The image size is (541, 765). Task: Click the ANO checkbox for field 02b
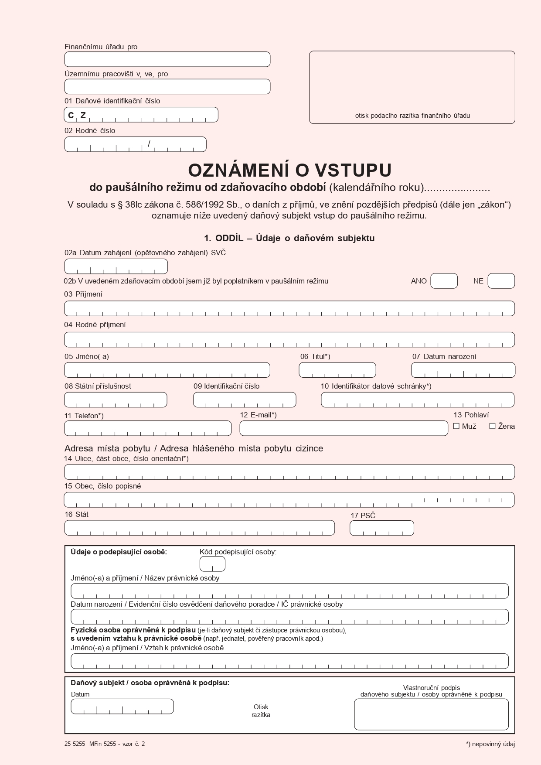coord(444,281)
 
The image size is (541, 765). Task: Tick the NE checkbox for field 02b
coord(501,281)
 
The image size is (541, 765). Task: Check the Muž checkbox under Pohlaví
coord(456,426)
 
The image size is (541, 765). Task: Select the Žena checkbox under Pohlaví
coord(492,426)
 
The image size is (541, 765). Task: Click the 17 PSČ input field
coord(381,528)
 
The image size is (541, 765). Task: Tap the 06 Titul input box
coord(337,370)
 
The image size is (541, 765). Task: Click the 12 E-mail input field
coord(344,428)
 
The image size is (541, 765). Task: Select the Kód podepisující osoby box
coord(212,564)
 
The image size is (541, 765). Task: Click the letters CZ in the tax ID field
coord(77,115)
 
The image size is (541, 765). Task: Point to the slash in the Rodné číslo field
coord(149,143)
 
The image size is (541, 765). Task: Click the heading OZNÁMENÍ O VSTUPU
coord(289,170)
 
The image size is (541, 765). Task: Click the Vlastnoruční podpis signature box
coord(431,714)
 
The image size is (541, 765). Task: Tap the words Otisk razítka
coord(261,710)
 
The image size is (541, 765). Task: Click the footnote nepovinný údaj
coord(490,744)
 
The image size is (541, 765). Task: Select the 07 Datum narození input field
coord(463,370)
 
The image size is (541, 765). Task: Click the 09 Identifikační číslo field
coord(245,400)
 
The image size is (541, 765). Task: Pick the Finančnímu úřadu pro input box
coord(167,59)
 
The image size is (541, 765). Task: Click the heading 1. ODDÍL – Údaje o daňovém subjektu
coord(289,238)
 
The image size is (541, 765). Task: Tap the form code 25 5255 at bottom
coord(75,744)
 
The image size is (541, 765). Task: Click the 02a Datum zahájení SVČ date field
coord(116,266)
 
